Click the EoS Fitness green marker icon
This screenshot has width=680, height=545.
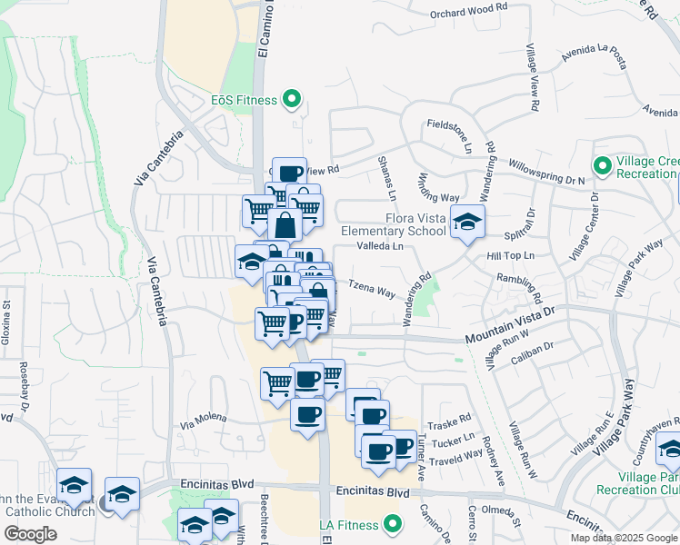(x=292, y=99)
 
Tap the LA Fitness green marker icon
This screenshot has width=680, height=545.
(x=393, y=523)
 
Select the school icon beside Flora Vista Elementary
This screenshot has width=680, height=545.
(x=467, y=223)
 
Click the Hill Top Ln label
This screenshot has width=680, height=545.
(x=510, y=256)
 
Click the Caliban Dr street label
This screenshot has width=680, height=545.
(x=534, y=348)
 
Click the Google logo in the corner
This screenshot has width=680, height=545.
(x=32, y=534)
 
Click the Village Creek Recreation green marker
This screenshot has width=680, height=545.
(x=601, y=166)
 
